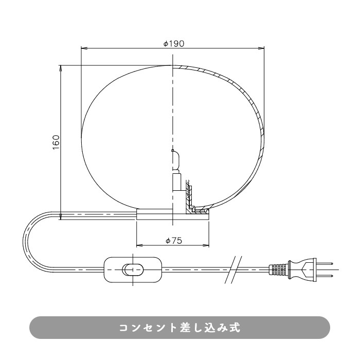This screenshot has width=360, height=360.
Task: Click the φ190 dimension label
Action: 173,44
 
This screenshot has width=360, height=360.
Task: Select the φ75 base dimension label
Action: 173,240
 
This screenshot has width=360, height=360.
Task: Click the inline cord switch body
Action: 133,268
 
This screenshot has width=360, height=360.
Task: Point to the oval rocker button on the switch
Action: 133,269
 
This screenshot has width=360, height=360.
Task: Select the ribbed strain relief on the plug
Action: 278,269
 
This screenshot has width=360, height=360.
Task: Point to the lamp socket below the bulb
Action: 176,182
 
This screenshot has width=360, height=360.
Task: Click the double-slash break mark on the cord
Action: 233,269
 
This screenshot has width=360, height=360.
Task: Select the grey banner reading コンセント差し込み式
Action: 179,328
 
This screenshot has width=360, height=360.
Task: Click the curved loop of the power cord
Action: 27,242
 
